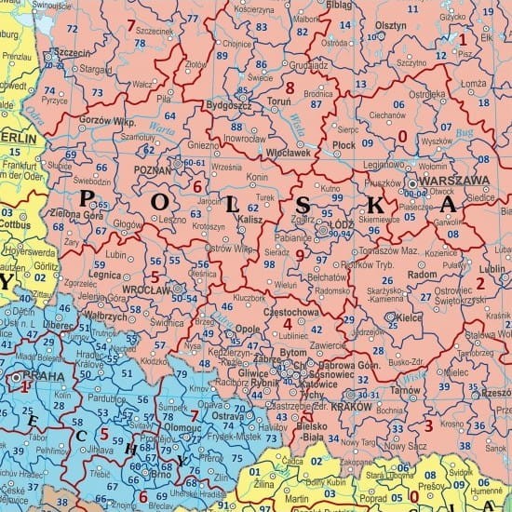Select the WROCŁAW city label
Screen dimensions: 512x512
pyautogui.click(x=145, y=290)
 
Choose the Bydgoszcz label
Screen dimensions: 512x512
pyautogui.click(x=227, y=106)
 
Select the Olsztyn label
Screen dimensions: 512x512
pyautogui.click(x=391, y=26)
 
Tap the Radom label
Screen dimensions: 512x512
pyautogui.click(x=423, y=276)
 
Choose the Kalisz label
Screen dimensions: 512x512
pyautogui.click(x=249, y=218)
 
